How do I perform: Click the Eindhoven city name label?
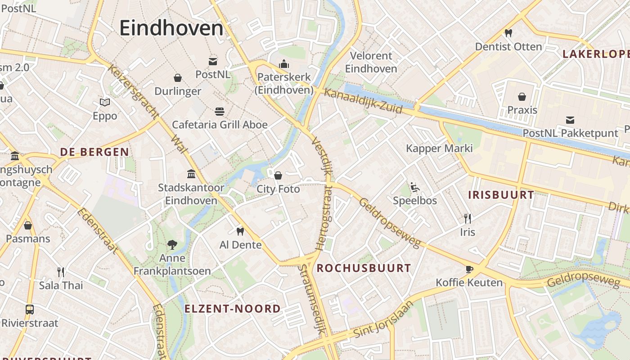click(x=171, y=28)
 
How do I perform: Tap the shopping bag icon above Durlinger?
click(x=178, y=78)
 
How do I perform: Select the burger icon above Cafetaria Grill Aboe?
click(x=220, y=111)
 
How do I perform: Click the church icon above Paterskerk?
click(x=284, y=64)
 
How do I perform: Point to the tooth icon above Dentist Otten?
click(x=508, y=33)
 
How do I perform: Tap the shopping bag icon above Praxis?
click(x=522, y=97)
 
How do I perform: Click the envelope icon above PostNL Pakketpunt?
click(x=570, y=120)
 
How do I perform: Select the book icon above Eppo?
click(x=105, y=103)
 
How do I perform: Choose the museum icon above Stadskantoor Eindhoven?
click(x=191, y=174)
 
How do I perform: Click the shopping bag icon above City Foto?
click(x=278, y=175)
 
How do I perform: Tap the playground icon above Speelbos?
click(x=414, y=187)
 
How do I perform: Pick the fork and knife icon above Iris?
click(x=468, y=219)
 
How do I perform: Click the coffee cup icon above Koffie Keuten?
click(x=469, y=269)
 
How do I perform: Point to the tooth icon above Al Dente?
click(x=240, y=231)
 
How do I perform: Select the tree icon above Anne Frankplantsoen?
click(x=172, y=244)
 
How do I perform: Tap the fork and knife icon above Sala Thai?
click(x=61, y=272)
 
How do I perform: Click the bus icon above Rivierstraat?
click(x=30, y=310)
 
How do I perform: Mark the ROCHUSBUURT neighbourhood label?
click(x=364, y=269)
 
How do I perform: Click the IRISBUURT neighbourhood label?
click(x=501, y=195)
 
